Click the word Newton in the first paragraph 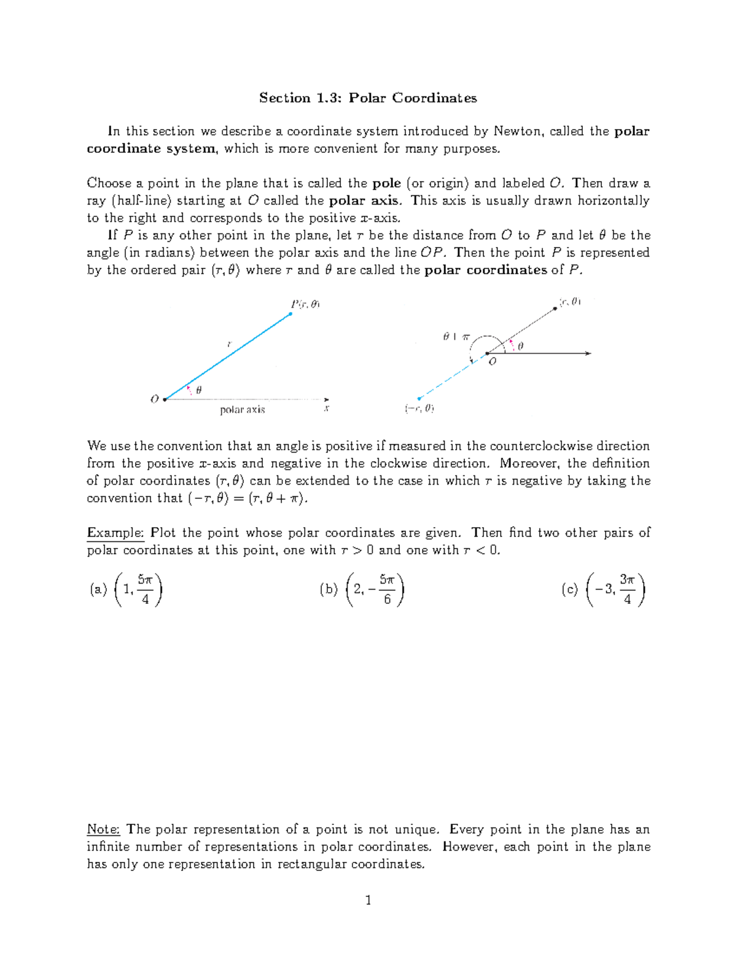(518, 131)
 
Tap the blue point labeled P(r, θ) (291, 314)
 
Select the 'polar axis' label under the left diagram (243, 410)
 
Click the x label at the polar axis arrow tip (327, 408)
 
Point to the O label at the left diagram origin (155, 399)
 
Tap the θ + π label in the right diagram (456, 337)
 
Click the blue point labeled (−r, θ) (419, 398)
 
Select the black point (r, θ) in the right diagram (555, 308)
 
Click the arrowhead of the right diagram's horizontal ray (588, 353)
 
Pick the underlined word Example (115, 533)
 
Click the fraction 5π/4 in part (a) (146, 589)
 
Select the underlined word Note (103, 829)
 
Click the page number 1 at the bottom (368, 901)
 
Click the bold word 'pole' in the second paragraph (386, 183)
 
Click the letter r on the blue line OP (229, 345)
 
